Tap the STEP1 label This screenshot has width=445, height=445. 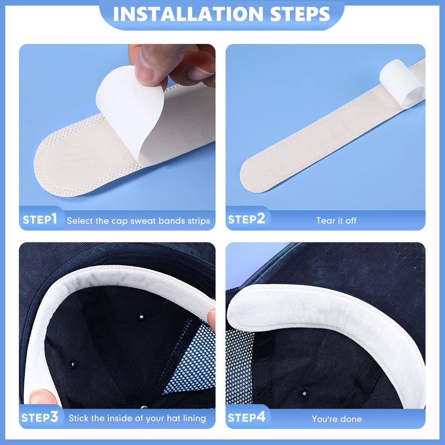pos(40,220)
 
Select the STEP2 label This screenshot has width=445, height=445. pos(246,220)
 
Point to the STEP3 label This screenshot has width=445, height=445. pos(40,417)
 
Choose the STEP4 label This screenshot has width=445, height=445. pos(246,417)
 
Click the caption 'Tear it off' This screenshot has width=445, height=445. pos(337,221)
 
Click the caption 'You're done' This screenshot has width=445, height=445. pos(337,419)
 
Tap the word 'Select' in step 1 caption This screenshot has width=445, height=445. pos(80,221)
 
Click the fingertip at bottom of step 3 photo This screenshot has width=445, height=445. pos(42,397)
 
